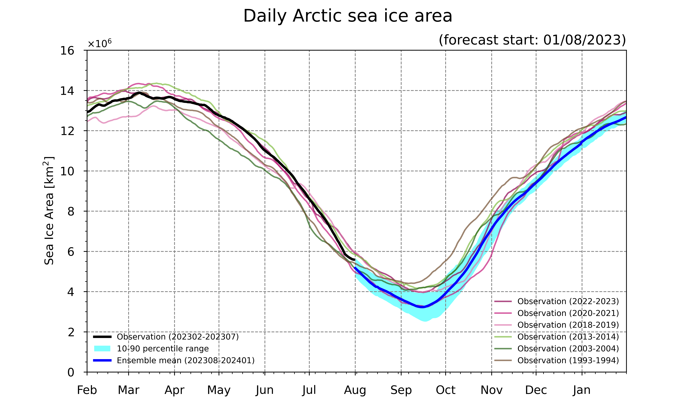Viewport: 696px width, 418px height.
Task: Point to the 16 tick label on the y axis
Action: click(67, 51)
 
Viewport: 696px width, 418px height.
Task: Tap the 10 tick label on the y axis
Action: click(67, 171)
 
